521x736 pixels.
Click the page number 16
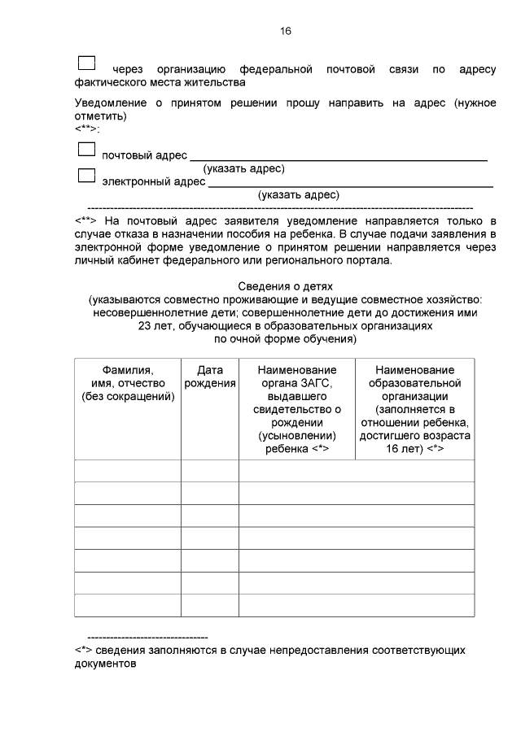click(285, 31)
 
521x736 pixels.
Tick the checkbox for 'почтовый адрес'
click(85, 149)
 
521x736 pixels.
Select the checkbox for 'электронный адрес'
click(85, 175)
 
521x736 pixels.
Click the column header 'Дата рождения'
click(209, 376)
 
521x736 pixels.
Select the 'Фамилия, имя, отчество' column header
click(128, 383)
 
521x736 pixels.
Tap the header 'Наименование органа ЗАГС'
click(296, 376)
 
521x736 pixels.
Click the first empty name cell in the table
click(128, 471)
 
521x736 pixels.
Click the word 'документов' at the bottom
click(105, 663)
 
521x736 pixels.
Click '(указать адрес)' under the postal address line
click(243, 168)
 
